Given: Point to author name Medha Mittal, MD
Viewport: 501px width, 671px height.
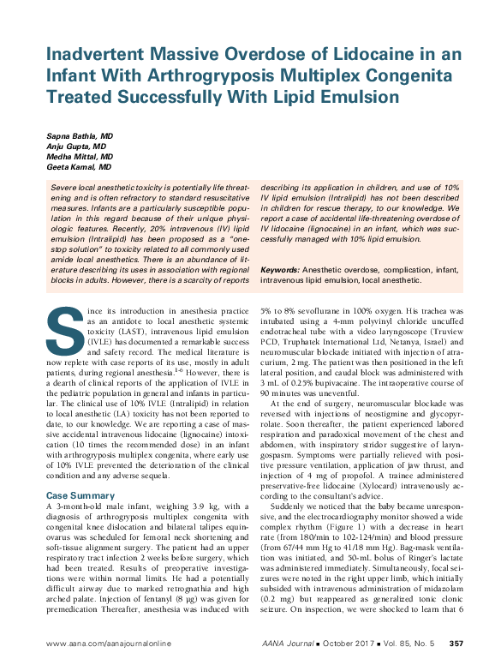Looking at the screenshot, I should coord(80,158).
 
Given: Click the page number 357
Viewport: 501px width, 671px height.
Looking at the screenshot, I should coord(456,644).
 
